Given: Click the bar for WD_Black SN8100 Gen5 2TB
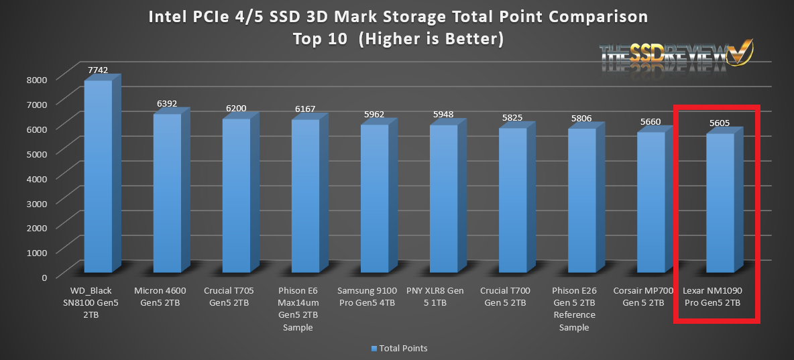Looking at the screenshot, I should pyautogui.click(x=98, y=174).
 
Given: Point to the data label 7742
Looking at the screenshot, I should pyautogui.click(x=98, y=70).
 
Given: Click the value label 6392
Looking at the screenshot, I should pyautogui.click(x=166, y=104).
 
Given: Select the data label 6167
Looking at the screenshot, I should pyautogui.click(x=305, y=109).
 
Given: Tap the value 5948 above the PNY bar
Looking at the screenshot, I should pyautogui.click(x=443, y=115).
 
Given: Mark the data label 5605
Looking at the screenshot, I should pyautogui.click(x=720, y=123).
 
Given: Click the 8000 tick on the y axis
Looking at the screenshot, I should pyautogui.click(x=38, y=78).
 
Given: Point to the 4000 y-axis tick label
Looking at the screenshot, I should pyautogui.click(x=38, y=178).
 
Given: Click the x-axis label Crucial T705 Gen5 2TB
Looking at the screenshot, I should pyautogui.click(x=236, y=296).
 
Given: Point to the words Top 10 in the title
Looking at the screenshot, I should pyautogui.click(x=320, y=39).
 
